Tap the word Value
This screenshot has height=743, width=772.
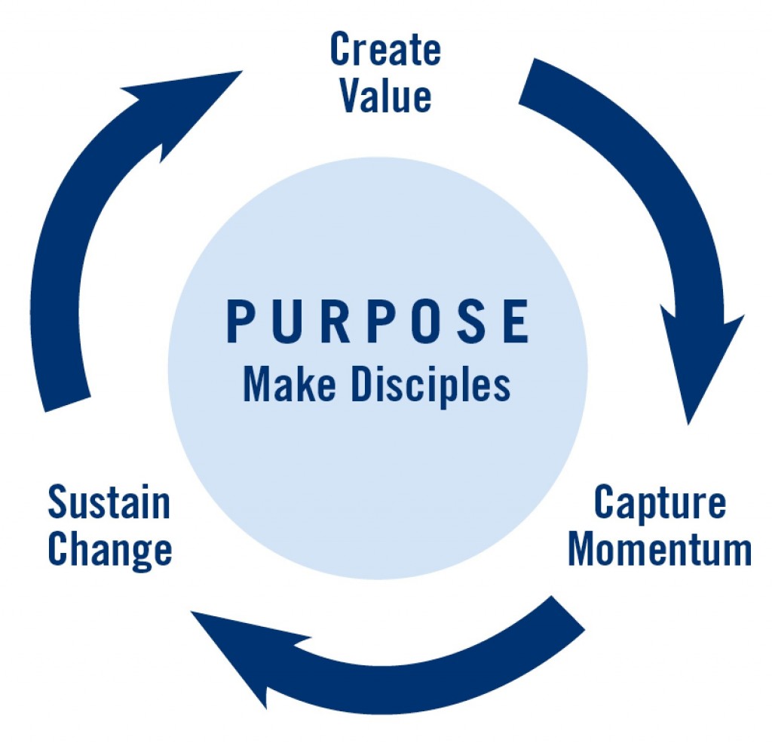(386, 95)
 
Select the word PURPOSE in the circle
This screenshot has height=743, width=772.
(378, 321)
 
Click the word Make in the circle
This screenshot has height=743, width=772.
(289, 384)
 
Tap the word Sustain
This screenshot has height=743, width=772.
(109, 502)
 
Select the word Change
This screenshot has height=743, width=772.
(110, 551)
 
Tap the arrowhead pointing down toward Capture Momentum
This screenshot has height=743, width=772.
(698, 360)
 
